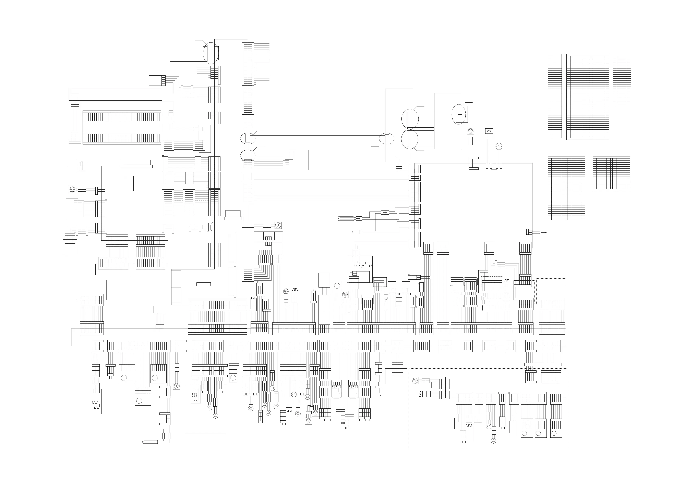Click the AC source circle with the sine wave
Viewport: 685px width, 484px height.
(499, 146)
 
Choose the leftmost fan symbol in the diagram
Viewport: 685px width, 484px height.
(72, 189)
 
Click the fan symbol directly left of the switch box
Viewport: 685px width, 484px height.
(470, 131)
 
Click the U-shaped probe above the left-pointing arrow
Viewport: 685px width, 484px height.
(346, 218)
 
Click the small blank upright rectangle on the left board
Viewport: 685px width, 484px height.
(129, 183)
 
